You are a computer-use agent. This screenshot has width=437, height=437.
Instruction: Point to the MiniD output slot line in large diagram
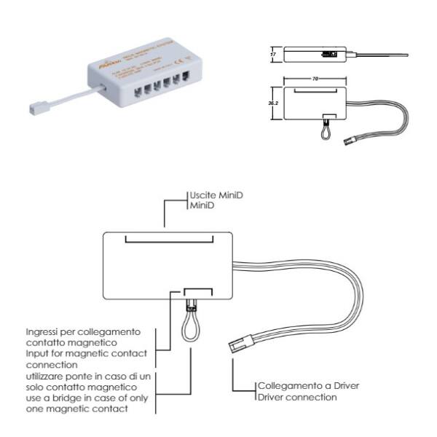pos(169,238)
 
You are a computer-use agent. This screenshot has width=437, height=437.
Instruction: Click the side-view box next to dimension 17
pos(317,53)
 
